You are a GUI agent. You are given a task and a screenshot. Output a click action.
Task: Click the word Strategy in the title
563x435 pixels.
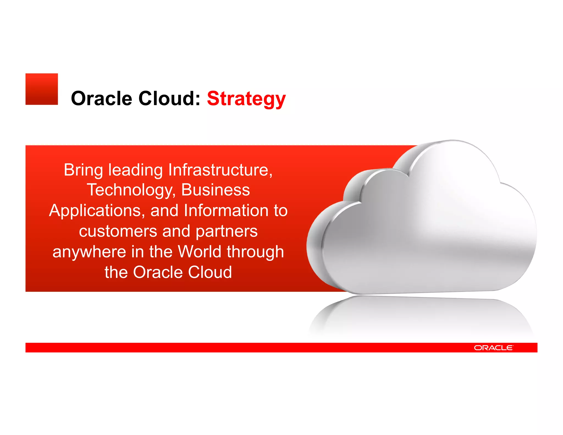246,99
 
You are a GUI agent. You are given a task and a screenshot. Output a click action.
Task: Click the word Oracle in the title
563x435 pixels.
101,98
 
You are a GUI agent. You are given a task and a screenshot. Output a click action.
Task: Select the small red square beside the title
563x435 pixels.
42,89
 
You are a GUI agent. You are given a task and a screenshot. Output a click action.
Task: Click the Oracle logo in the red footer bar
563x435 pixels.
493,348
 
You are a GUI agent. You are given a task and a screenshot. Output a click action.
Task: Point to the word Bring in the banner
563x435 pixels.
83,170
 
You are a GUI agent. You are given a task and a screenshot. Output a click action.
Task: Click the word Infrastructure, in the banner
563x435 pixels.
220,170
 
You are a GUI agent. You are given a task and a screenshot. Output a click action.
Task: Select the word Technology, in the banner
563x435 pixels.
131,190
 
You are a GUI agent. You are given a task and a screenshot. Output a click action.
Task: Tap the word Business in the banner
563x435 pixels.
216,190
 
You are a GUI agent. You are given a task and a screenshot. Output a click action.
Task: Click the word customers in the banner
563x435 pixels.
118,231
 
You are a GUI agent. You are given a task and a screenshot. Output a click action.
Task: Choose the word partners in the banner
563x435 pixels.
227,232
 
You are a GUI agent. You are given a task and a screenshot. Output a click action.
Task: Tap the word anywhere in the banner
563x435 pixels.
89,252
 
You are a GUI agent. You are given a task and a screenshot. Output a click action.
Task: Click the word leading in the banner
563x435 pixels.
136,170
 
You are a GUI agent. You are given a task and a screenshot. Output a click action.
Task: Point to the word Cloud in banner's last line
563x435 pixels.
210,272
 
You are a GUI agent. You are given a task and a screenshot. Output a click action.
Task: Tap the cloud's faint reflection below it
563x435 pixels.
421,316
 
